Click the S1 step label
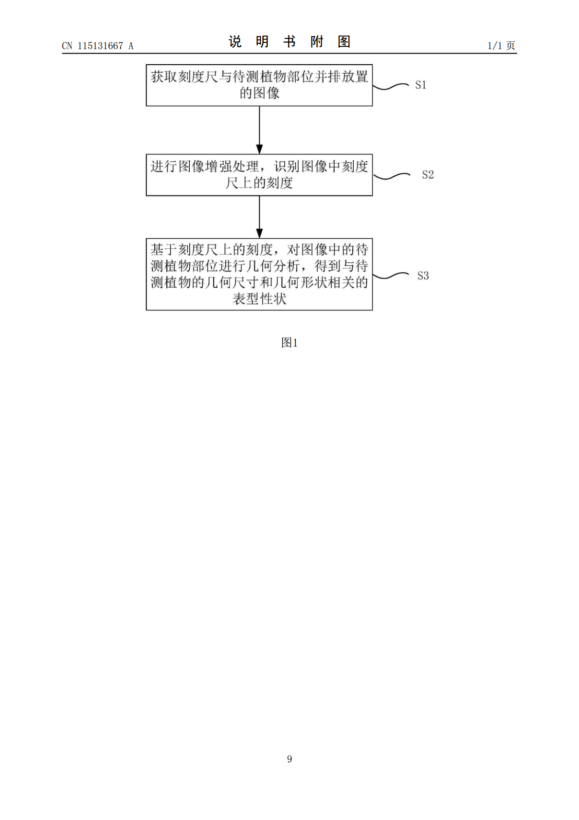click(420, 85)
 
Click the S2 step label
click(428, 175)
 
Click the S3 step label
click(423, 276)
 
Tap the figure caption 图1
click(289, 343)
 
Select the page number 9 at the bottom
click(289, 759)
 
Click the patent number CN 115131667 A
click(98, 46)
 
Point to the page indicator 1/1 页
click(501, 45)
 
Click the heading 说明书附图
click(289, 42)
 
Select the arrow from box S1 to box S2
click(259, 130)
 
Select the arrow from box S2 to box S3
click(259, 217)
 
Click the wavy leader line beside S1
click(391, 87)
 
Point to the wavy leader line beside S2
click(391, 176)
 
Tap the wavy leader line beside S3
click(391, 276)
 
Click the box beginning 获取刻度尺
click(259, 85)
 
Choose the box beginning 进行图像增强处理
click(259, 175)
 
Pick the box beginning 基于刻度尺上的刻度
click(259, 274)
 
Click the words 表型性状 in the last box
click(259, 299)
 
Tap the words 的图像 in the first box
click(259, 93)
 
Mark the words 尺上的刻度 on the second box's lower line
click(259, 183)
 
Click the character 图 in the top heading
click(344, 42)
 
